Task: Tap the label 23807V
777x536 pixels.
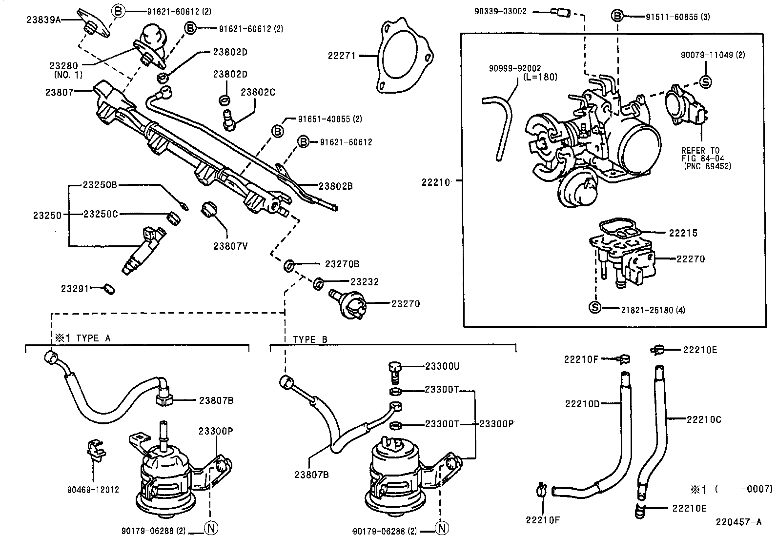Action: pos(230,246)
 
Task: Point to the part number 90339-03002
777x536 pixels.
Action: pos(500,11)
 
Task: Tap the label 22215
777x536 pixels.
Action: pos(683,233)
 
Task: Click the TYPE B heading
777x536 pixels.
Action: pos(310,339)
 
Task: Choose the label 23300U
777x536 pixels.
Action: pos(442,366)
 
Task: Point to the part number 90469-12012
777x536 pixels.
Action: pos(93,490)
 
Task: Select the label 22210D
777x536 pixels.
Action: pos(581,404)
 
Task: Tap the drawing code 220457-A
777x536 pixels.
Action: pos(738,522)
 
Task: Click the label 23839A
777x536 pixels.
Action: pos(43,20)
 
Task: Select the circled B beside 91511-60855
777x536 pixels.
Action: pos(617,16)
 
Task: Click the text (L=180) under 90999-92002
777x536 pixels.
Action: pos(539,77)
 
